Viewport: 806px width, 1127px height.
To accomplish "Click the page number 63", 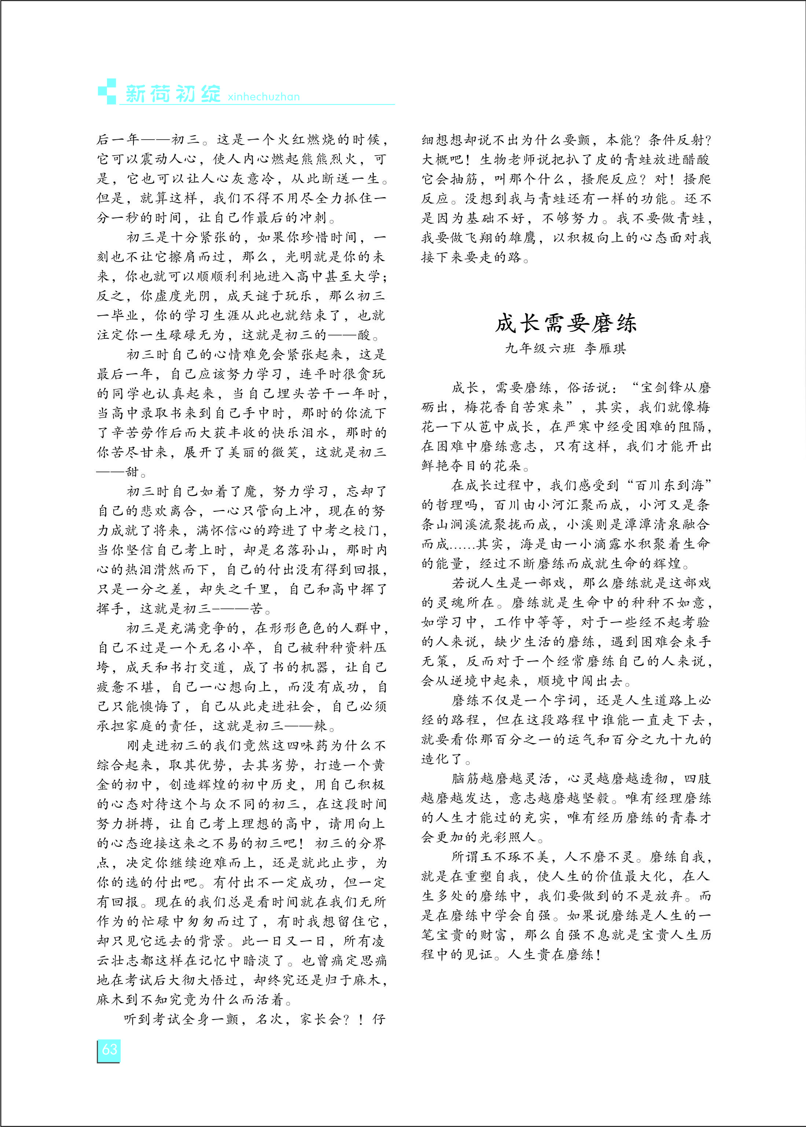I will click(x=109, y=1049).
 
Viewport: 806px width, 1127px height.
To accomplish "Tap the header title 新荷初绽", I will click(x=173, y=94).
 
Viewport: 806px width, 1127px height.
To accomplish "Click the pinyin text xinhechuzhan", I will click(x=264, y=97).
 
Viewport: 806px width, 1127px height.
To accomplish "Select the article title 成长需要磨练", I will click(x=566, y=323).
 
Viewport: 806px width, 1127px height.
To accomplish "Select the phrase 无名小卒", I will click(x=228, y=648).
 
